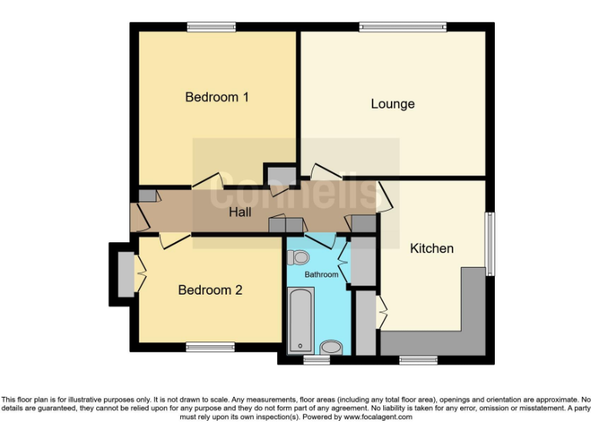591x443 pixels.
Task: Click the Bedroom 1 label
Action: click(217, 98)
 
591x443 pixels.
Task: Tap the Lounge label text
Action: click(392, 104)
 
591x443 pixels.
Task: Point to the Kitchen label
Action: click(431, 248)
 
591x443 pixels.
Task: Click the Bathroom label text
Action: click(321, 275)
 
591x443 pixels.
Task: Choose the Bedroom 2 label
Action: click(210, 290)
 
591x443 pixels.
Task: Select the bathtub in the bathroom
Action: click(300, 320)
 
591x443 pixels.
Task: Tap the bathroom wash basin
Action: click(330, 348)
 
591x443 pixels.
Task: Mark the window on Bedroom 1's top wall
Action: click(211, 27)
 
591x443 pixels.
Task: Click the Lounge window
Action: click(402, 27)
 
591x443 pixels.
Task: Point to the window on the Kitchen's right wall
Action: click(489, 243)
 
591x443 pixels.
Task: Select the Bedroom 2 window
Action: click(210, 347)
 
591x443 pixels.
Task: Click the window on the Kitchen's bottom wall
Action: click(419, 359)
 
